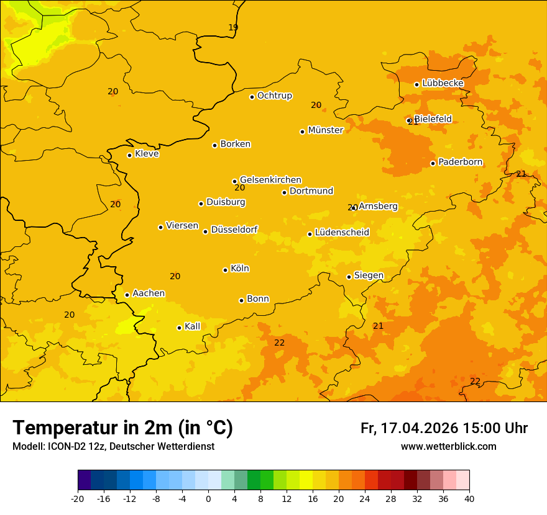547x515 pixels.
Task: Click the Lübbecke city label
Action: point(443,83)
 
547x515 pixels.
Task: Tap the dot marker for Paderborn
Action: point(433,163)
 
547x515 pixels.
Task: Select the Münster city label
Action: point(325,130)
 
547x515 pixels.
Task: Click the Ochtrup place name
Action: point(274,96)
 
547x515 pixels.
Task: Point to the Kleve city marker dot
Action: point(129,155)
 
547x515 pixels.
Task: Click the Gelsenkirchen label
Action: point(270,180)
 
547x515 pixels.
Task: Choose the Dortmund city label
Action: point(311,191)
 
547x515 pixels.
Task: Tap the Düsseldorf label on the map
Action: point(234,230)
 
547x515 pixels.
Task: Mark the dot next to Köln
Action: point(225,270)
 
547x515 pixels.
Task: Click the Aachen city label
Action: point(149,293)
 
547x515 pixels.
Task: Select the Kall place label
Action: point(192,326)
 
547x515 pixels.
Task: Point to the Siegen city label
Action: point(369,275)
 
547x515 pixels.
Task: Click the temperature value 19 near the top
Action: point(233,27)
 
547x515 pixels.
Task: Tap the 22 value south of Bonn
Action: point(280,343)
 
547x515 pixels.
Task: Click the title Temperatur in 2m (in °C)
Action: point(122,428)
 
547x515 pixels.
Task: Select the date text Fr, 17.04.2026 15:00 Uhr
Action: point(444,428)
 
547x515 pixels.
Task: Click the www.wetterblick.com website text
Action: point(448,447)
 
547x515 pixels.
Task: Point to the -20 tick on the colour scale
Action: point(78,499)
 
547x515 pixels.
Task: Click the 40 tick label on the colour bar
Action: point(469,499)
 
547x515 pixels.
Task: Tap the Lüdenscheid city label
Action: point(342,233)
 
